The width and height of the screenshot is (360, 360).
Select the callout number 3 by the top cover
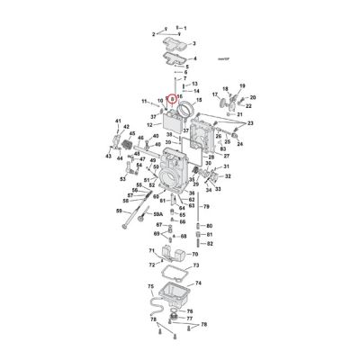point(193,43)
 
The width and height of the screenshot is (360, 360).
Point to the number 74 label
point(198,282)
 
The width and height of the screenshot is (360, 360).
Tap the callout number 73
point(197,266)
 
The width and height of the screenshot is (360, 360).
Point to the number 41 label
point(118,121)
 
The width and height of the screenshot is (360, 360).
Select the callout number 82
point(209,243)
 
